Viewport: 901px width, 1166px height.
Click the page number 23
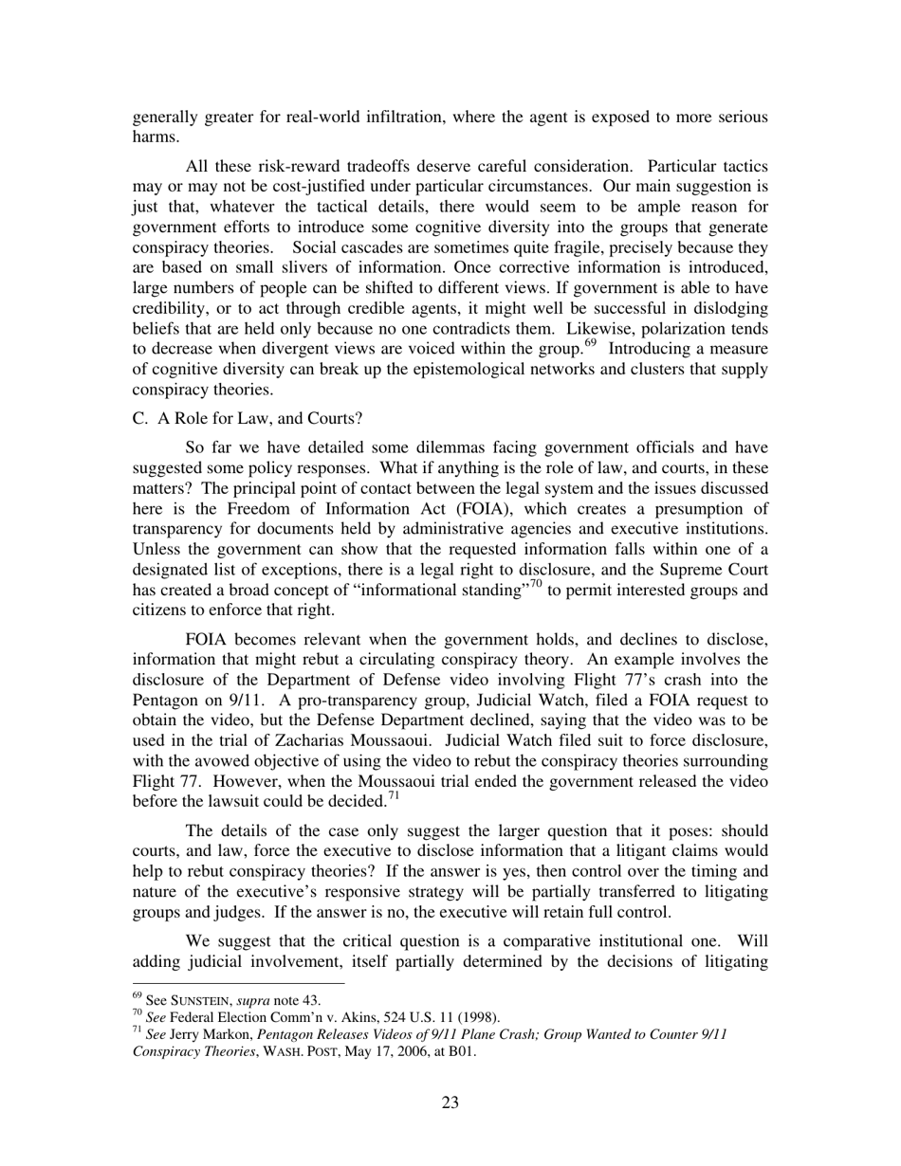(450, 1102)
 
